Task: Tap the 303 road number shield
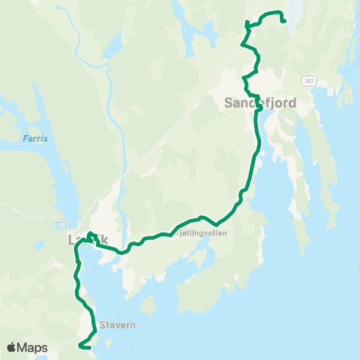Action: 310,80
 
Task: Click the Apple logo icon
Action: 13,348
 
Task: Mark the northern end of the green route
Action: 283,20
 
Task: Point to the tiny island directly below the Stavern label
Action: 110,341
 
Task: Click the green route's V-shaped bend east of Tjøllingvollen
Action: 216,223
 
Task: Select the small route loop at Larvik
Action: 89,236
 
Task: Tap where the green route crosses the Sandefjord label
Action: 258,105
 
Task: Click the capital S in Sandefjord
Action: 229,103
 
